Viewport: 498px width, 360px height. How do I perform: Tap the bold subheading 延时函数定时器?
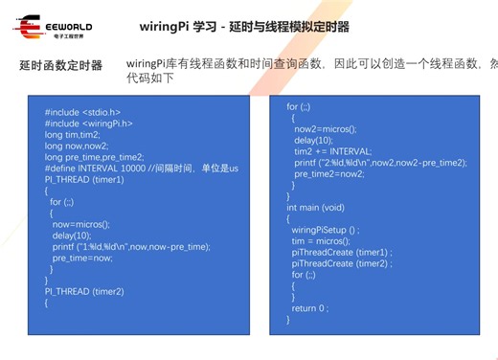click(60, 66)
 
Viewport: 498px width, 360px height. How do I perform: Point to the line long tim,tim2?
click(75, 135)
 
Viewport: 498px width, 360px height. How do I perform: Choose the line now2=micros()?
click(326, 128)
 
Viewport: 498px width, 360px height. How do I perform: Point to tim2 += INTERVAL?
click(332, 151)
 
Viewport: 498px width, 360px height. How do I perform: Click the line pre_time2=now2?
click(330, 173)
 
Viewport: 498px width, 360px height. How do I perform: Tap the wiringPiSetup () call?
click(326, 230)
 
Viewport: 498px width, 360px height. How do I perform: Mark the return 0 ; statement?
click(310, 307)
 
